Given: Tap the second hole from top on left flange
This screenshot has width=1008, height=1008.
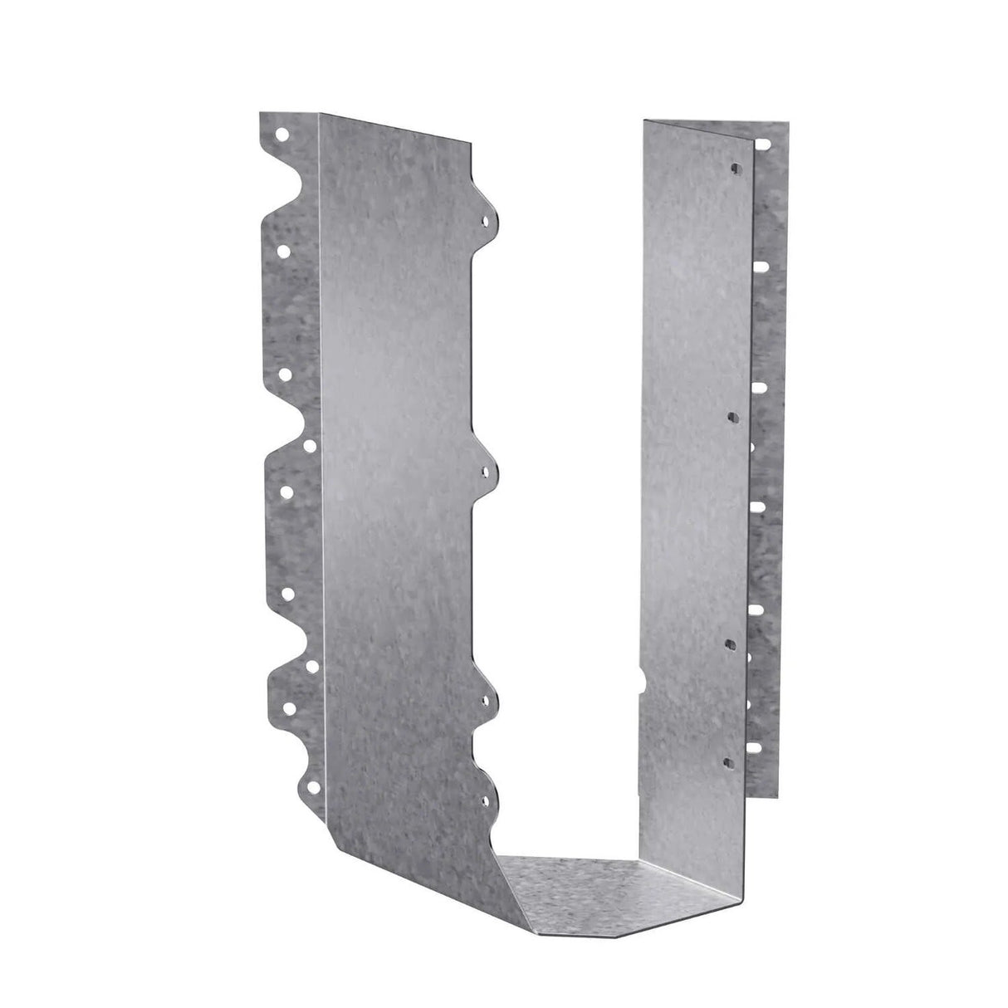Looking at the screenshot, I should (x=284, y=249).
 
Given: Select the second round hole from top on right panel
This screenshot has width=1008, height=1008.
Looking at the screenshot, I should (x=732, y=414).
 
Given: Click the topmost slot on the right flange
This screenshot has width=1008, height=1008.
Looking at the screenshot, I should (x=759, y=267).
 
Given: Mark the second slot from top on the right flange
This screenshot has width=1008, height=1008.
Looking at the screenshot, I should (x=759, y=386).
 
